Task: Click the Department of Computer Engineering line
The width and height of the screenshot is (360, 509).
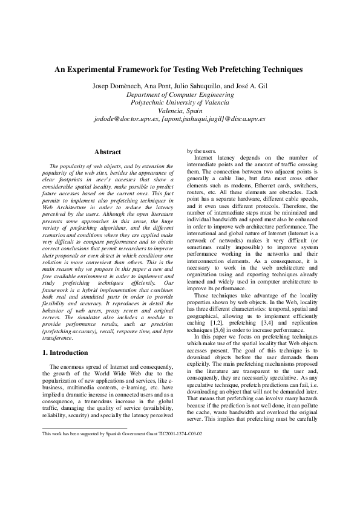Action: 179,95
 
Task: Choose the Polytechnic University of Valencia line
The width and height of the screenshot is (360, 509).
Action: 179,103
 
